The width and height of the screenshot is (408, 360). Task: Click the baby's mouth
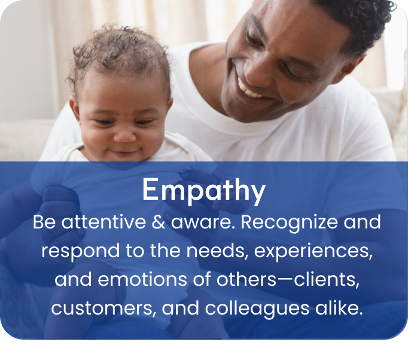click(126, 154)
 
